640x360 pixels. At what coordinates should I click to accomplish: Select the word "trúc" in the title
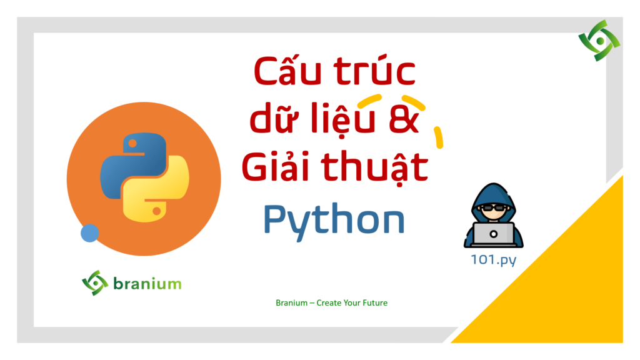click(375, 71)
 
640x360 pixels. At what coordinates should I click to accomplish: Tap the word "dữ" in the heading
click(275, 117)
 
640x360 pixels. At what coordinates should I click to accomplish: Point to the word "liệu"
click(342, 118)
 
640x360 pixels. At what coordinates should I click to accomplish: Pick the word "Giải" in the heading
click(275, 166)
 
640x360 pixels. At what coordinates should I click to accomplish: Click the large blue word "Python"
click(334, 221)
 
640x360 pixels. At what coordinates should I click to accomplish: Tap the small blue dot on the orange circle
click(90, 233)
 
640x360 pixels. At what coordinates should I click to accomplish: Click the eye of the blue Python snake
click(132, 143)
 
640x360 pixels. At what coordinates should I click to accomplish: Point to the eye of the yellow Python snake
click(156, 211)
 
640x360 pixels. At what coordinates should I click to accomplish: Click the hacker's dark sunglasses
click(494, 208)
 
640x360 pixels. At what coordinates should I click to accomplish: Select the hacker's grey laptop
click(494, 235)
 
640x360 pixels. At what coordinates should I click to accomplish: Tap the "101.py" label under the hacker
click(494, 260)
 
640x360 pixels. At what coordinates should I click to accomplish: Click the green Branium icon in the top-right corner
click(599, 41)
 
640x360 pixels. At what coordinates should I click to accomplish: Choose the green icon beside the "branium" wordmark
click(95, 283)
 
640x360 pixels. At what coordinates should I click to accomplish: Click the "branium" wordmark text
click(147, 283)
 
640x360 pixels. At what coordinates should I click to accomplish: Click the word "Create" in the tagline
click(329, 303)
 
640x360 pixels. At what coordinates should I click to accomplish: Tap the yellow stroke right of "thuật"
click(439, 137)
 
